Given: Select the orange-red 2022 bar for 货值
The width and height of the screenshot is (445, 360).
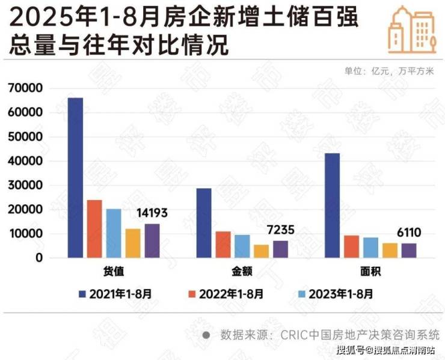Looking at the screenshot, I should (94, 229).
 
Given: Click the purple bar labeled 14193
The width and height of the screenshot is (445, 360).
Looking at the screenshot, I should (152, 240).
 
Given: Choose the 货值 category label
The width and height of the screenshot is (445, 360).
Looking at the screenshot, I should (114, 272).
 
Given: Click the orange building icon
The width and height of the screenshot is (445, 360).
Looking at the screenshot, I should (411, 29).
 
